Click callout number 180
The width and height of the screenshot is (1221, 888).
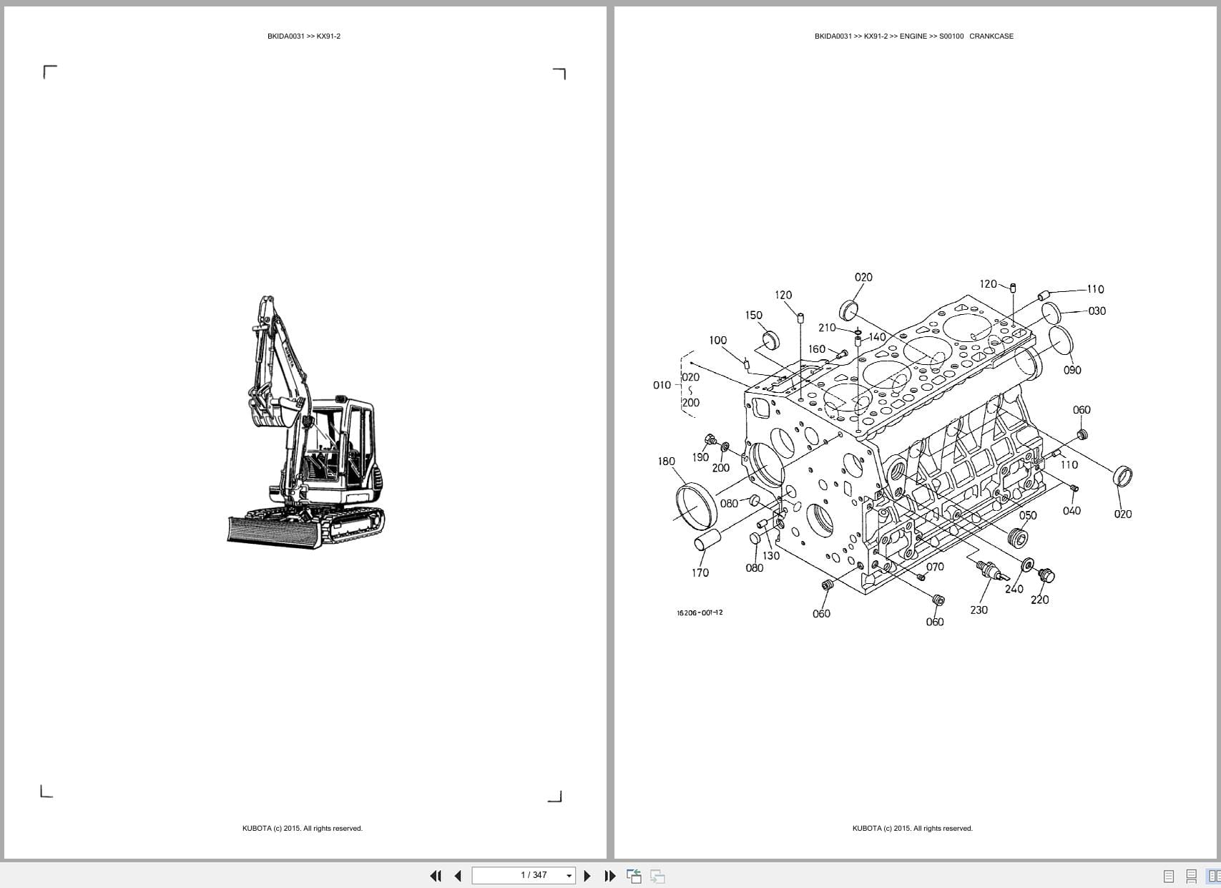pyautogui.click(x=666, y=462)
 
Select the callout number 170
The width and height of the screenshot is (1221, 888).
pyautogui.click(x=700, y=572)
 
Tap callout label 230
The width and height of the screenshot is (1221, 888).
pyautogui.click(x=979, y=610)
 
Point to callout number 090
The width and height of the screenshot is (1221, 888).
pyautogui.click(x=1072, y=370)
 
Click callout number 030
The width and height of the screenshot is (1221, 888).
pyautogui.click(x=1097, y=311)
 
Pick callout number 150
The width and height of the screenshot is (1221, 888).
pyautogui.click(x=753, y=315)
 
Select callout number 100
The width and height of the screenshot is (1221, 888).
pyautogui.click(x=717, y=341)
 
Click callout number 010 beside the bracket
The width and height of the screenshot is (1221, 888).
pyautogui.click(x=662, y=385)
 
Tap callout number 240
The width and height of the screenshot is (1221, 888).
pyautogui.click(x=1014, y=589)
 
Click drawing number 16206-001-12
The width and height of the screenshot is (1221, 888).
pyautogui.click(x=700, y=613)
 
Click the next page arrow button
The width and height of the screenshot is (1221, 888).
pyautogui.click(x=587, y=876)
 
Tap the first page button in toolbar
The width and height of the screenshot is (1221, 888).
pyautogui.click(x=435, y=876)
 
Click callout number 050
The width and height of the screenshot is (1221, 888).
pyautogui.click(x=1027, y=515)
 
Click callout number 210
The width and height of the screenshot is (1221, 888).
pyautogui.click(x=826, y=328)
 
